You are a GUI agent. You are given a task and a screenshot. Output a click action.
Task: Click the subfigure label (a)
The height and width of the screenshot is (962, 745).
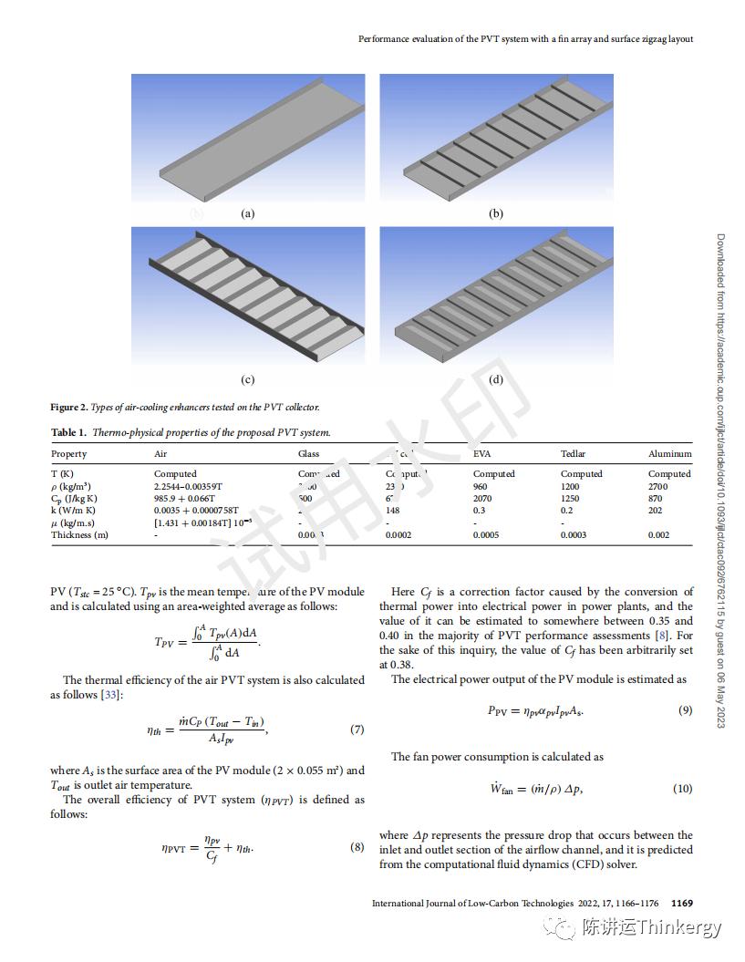(247, 213)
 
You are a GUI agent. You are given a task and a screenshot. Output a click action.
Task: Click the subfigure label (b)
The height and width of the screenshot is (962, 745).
(496, 213)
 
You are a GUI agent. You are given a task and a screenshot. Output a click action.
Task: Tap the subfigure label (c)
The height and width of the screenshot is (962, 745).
(247, 379)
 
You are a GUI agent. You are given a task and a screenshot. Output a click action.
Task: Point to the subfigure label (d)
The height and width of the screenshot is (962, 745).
(496, 379)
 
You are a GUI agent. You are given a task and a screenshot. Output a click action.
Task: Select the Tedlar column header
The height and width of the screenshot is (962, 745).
(573, 453)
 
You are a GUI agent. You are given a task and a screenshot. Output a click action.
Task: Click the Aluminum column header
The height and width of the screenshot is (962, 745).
(669, 453)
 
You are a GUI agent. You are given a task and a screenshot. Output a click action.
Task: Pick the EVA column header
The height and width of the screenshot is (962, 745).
(482, 453)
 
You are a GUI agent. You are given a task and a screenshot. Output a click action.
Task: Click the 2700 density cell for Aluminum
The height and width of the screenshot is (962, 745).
(657, 486)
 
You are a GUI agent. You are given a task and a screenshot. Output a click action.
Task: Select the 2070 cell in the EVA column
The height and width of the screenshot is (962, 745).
(482, 499)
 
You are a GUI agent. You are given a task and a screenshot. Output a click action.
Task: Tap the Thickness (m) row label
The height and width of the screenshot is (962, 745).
(79, 534)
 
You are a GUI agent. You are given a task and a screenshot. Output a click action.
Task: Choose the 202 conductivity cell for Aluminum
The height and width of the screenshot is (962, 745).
(656, 511)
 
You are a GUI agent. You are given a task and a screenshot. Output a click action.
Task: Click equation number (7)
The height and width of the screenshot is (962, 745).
(357, 729)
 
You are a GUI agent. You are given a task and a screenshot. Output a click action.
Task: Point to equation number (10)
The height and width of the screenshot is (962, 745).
(682, 789)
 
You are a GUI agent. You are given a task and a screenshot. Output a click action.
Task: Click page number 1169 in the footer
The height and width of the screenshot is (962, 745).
(682, 904)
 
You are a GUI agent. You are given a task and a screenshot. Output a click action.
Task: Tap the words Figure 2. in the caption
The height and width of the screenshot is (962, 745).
(69, 407)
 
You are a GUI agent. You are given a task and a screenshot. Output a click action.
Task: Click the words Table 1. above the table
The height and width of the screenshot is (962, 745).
(68, 432)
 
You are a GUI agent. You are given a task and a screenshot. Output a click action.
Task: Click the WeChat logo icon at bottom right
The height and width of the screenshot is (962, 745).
(558, 928)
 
